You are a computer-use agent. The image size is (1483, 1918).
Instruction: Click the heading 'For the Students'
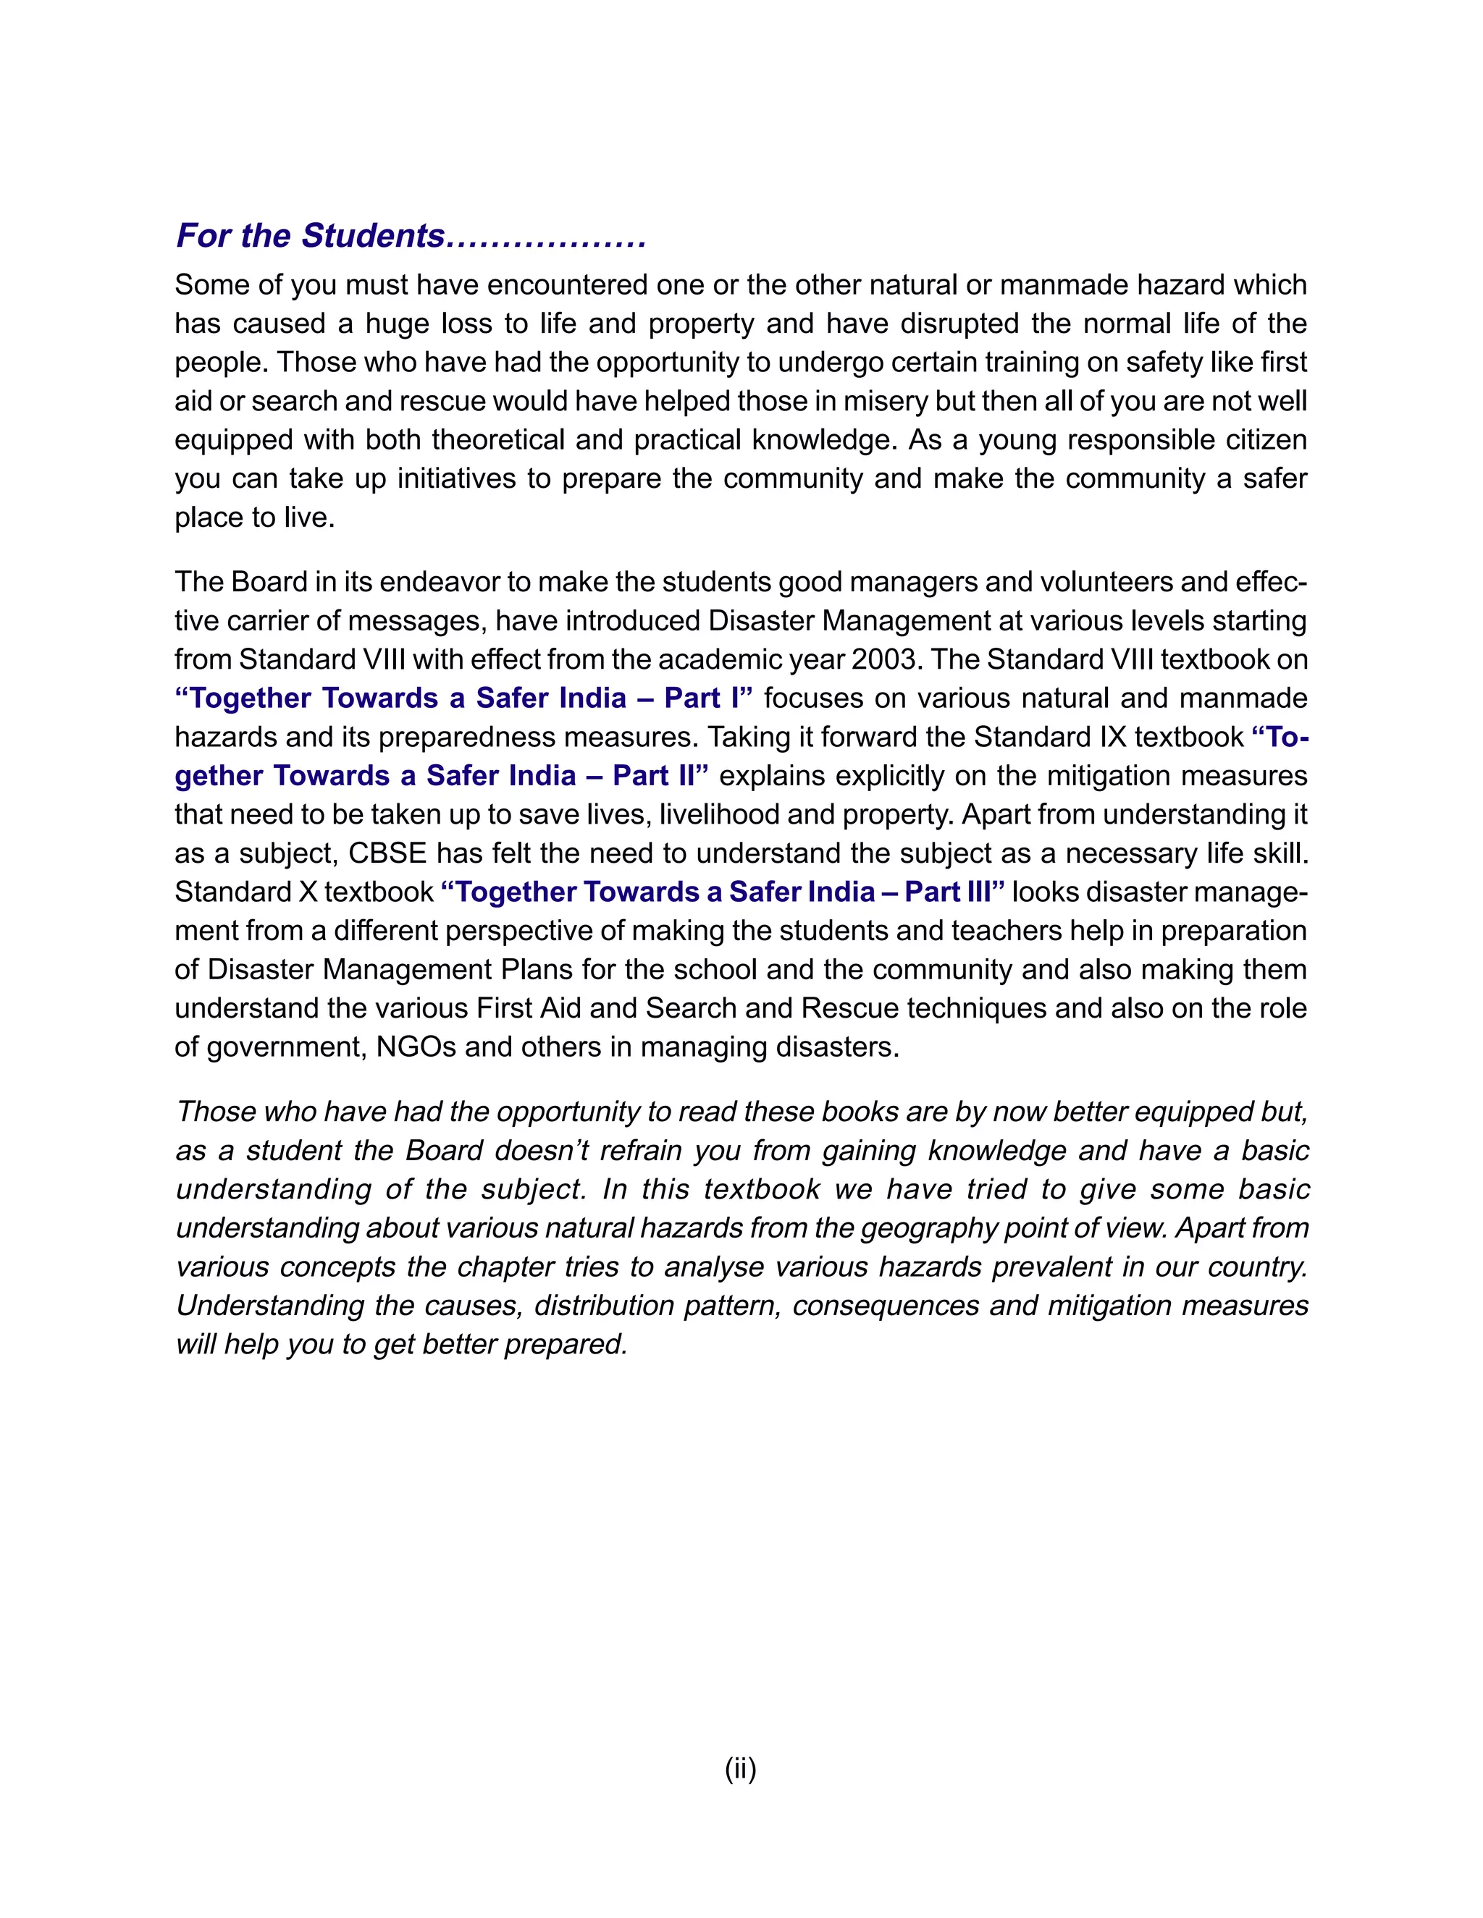(310, 236)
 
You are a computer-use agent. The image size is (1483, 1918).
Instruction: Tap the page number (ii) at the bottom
(741, 1768)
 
